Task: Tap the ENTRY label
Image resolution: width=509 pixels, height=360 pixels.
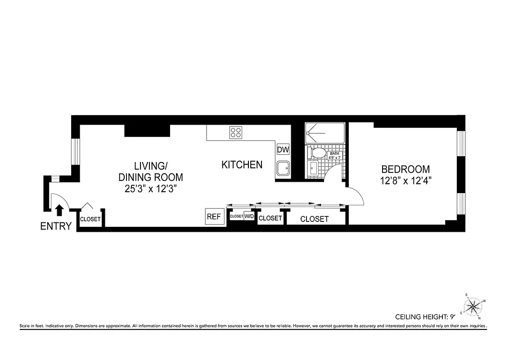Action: (56, 226)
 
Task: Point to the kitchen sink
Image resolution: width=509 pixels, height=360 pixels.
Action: (283, 169)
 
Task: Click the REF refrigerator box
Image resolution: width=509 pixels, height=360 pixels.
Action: (214, 216)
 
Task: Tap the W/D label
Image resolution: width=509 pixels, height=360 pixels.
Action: (249, 216)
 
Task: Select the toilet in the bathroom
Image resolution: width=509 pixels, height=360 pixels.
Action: (319, 153)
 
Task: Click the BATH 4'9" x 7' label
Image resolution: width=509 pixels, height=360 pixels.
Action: (335, 155)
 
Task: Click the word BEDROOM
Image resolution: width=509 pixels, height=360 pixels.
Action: (405, 170)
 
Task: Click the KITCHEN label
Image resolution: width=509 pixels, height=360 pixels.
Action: (242, 165)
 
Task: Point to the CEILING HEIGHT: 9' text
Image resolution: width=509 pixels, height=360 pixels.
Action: (425, 317)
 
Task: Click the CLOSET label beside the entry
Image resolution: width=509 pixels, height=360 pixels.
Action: (90, 219)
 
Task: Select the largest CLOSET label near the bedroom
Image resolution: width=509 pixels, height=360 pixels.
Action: (314, 219)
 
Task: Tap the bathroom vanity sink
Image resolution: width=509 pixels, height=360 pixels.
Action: (314, 170)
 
